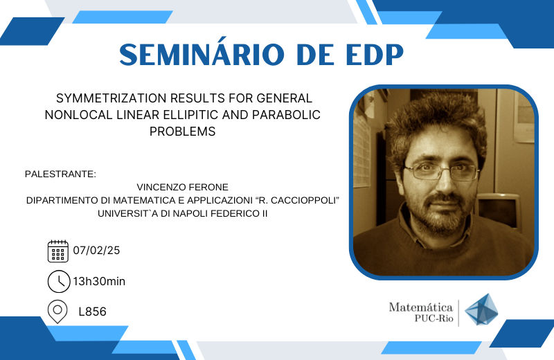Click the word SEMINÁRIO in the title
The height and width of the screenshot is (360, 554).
(x=202, y=54)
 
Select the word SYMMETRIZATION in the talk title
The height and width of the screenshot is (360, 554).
(x=111, y=98)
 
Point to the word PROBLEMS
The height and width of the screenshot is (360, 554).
(x=182, y=131)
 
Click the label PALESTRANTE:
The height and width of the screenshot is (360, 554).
(x=60, y=174)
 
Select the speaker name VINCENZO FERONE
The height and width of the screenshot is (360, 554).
(x=182, y=187)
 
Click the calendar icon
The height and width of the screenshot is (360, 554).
(x=58, y=251)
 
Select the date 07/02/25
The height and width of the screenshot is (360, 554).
(x=96, y=250)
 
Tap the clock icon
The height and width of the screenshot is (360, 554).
(x=59, y=282)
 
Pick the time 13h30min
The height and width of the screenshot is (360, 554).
(x=99, y=281)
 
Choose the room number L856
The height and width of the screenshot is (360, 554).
(x=92, y=312)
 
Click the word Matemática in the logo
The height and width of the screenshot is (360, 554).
(x=421, y=307)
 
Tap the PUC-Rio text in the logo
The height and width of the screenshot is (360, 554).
(x=434, y=318)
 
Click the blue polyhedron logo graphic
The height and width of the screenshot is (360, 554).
(x=481, y=309)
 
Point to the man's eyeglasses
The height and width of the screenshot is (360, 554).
(x=442, y=172)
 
